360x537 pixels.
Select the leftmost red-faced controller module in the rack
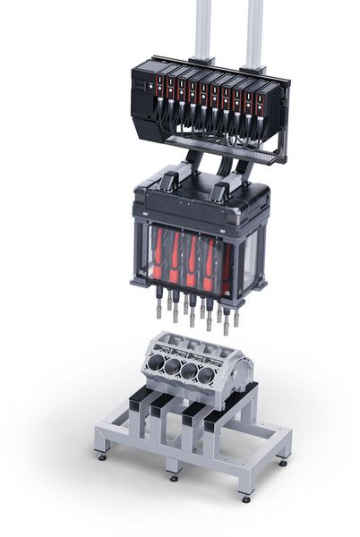(x=160, y=89)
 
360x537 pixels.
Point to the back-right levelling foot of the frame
(x=284, y=461)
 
